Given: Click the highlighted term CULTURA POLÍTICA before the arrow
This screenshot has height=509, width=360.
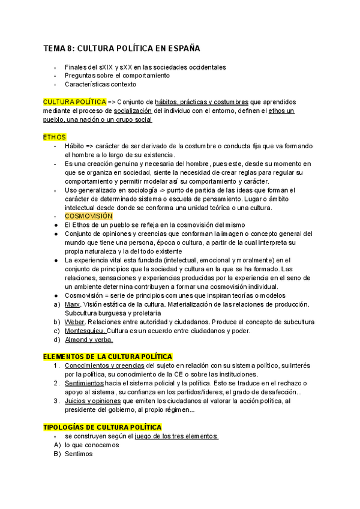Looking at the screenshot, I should [x=74, y=102].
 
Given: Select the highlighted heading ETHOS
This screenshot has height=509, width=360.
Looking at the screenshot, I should [x=55, y=137].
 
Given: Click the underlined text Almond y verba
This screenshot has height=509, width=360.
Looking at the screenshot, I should [x=88, y=340].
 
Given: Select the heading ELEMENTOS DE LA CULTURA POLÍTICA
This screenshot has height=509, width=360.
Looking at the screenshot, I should [x=107, y=357].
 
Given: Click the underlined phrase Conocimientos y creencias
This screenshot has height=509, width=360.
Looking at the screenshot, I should [x=104, y=366].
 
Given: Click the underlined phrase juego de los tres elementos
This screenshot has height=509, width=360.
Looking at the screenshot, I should [x=181, y=436].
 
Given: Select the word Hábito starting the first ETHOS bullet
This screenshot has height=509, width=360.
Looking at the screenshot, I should [x=74, y=146].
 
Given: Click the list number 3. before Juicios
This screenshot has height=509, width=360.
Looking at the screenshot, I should [x=56, y=401].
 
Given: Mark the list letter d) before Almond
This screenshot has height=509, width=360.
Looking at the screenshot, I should [x=56, y=340].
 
